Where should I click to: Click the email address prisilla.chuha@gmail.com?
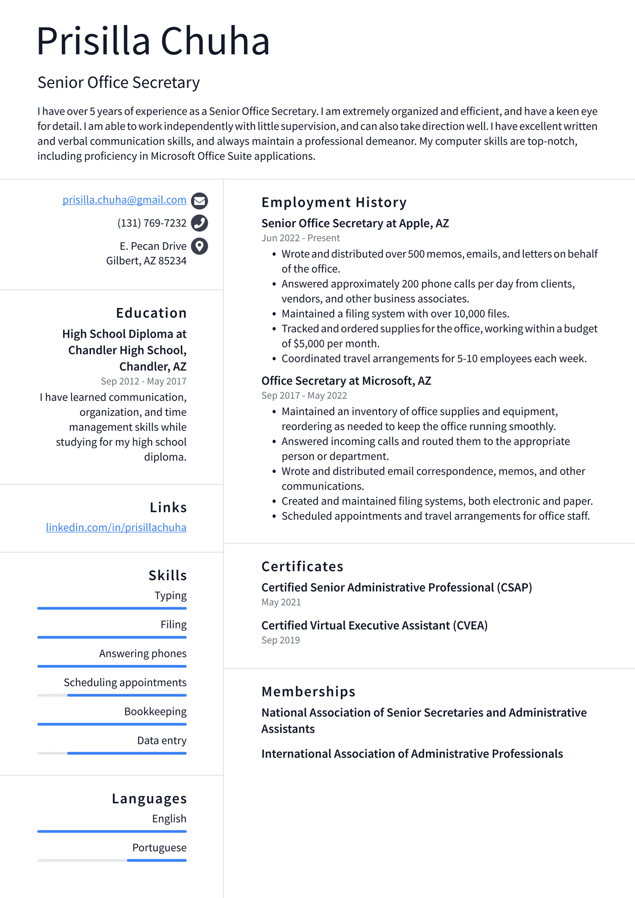pyautogui.click(x=124, y=200)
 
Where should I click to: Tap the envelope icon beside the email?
pyautogui.click(x=199, y=201)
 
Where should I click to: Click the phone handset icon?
pyautogui.click(x=199, y=223)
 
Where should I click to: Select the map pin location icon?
pyautogui.click(x=199, y=246)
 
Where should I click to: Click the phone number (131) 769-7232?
pyautogui.click(x=152, y=223)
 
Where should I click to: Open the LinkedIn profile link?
pyautogui.click(x=116, y=527)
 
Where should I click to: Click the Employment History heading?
pyautogui.click(x=334, y=202)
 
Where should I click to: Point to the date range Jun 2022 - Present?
pyautogui.click(x=300, y=238)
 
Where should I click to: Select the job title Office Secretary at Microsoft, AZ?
pyautogui.click(x=346, y=381)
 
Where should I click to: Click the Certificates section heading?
pyautogui.click(x=302, y=566)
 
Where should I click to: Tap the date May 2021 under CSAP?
pyautogui.click(x=281, y=602)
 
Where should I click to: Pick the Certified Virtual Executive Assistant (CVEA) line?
pyautogui.click(x=374, y=625)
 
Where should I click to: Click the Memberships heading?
pyautogui.click(x=308, y=692)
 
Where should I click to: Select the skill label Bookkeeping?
pyautogui.click(x=155, y=712)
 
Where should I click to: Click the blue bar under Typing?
pyautogui.click(x=112, y=608)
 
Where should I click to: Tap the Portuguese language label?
pyautogui.click(x=159, y=848)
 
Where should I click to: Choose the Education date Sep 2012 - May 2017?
pyautogui.click(x=143, y=381)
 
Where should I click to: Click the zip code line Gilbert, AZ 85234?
pyautogui.click(x=146, y=261)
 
